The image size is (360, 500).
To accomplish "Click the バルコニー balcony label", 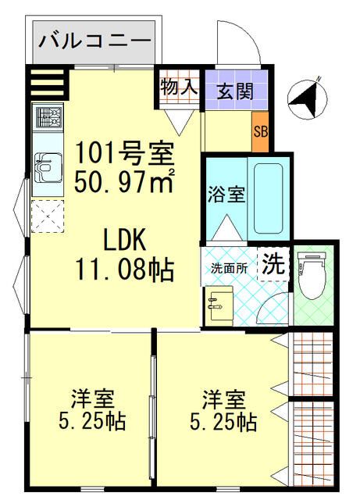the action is [94, 41].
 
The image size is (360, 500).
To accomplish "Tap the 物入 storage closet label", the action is [179, 87].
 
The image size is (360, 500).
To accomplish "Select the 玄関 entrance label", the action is [235, 91].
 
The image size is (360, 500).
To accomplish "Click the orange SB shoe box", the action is [261, 132].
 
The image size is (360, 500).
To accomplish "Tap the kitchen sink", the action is [48, 168].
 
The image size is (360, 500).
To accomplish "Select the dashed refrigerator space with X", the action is [48, 216].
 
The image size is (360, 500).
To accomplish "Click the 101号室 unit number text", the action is [124, 154].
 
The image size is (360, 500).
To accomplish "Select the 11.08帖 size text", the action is [125, 270].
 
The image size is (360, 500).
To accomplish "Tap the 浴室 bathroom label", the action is [226, 194].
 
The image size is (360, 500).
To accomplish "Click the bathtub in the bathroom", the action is [269, 198].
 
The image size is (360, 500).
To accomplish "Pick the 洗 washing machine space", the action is [273, 264].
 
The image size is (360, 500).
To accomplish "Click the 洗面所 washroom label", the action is [229, 269].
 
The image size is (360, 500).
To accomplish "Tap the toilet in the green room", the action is [312, 275].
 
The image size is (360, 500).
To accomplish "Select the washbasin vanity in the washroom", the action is [219, 306].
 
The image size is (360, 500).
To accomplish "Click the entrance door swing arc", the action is [246, 34].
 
